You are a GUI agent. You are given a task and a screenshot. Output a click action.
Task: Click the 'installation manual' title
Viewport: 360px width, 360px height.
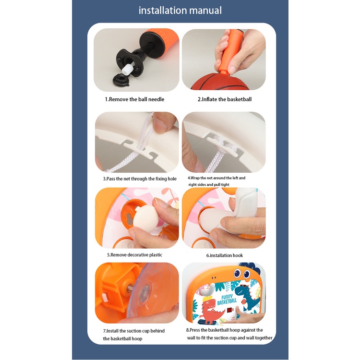[180, 11]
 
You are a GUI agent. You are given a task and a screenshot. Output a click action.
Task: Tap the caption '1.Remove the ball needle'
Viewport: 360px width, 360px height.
[134, 99]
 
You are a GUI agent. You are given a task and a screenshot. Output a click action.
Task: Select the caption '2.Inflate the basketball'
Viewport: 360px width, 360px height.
[225, 99]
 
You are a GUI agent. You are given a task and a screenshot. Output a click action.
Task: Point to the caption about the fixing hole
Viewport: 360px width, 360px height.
[140, 179]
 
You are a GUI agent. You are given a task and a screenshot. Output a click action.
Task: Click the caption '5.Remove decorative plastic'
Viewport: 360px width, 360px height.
[134, 255]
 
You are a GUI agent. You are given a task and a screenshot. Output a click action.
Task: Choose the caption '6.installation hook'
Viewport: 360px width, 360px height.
[224, 255]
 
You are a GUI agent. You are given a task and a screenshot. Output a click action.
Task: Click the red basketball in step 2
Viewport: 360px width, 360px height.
[220, 82]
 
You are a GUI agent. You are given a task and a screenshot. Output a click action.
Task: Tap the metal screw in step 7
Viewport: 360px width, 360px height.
[130, 288]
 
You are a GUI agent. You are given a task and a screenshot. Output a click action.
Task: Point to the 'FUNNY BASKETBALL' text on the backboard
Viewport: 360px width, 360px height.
[227, 299]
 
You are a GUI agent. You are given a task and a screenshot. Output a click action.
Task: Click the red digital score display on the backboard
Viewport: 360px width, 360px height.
[230, 311]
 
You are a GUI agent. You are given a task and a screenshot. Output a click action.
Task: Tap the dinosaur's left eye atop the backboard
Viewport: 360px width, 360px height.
[237, 273]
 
